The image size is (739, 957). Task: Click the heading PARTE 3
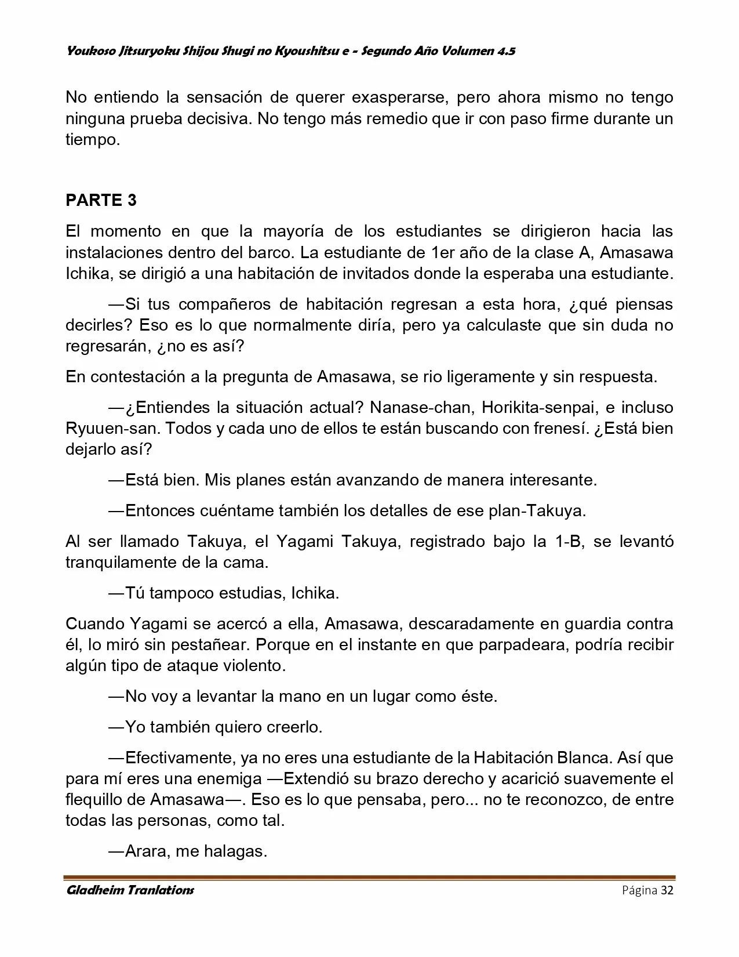[x=101, y=200]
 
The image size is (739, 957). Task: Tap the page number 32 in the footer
[x=667, y=890]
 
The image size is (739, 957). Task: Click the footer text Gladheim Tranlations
[x=130, y=890]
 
